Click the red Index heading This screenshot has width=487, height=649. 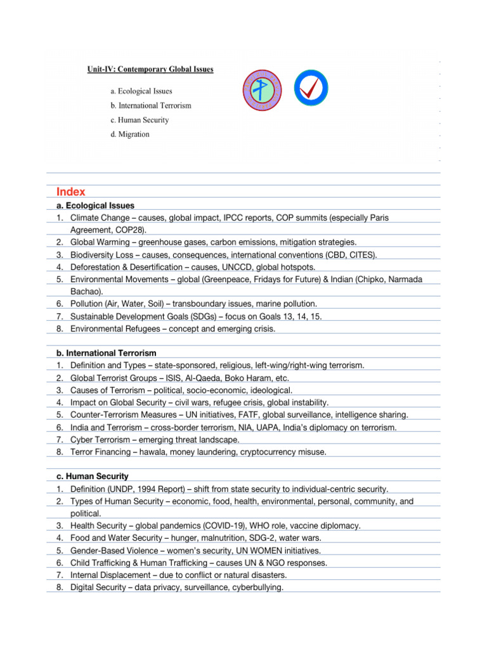click(x=70, y=191)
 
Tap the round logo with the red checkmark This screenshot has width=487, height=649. click(x=311, y=88)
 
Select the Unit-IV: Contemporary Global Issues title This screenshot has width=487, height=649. click(x=150, y=69)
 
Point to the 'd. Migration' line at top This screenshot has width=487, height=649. click(x=130, y=134)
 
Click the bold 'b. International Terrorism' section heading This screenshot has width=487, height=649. click(x=101, y=352)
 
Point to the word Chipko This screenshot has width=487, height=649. click(x=389, y=279)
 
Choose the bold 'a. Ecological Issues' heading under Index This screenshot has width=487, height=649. click(x=91, y=205)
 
